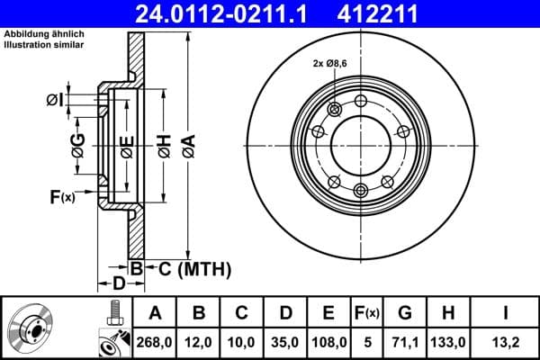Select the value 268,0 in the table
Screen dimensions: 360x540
point(155,342)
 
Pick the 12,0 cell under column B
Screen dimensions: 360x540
point(200,342)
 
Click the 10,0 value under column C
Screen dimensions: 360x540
point(243,342)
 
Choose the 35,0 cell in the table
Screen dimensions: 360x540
point(286,342)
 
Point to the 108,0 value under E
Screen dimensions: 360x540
point(329,342)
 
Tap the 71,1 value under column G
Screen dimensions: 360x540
point(406,342)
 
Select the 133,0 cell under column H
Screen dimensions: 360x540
point(454,342)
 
